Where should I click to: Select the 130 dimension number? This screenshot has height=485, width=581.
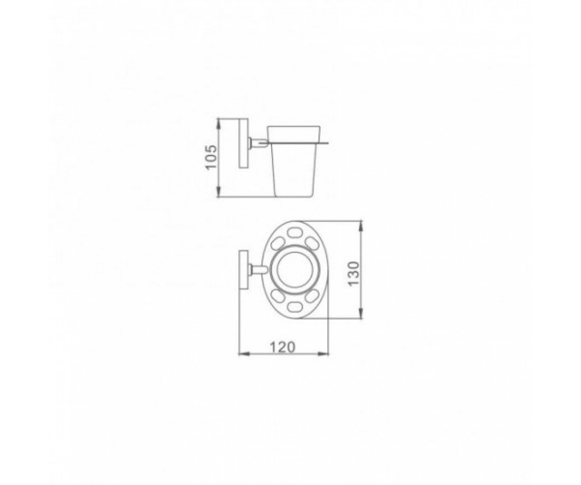point(353,274)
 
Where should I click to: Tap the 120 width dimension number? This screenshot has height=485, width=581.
point(282,347)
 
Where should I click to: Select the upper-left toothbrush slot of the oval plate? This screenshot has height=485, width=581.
point(276,245)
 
